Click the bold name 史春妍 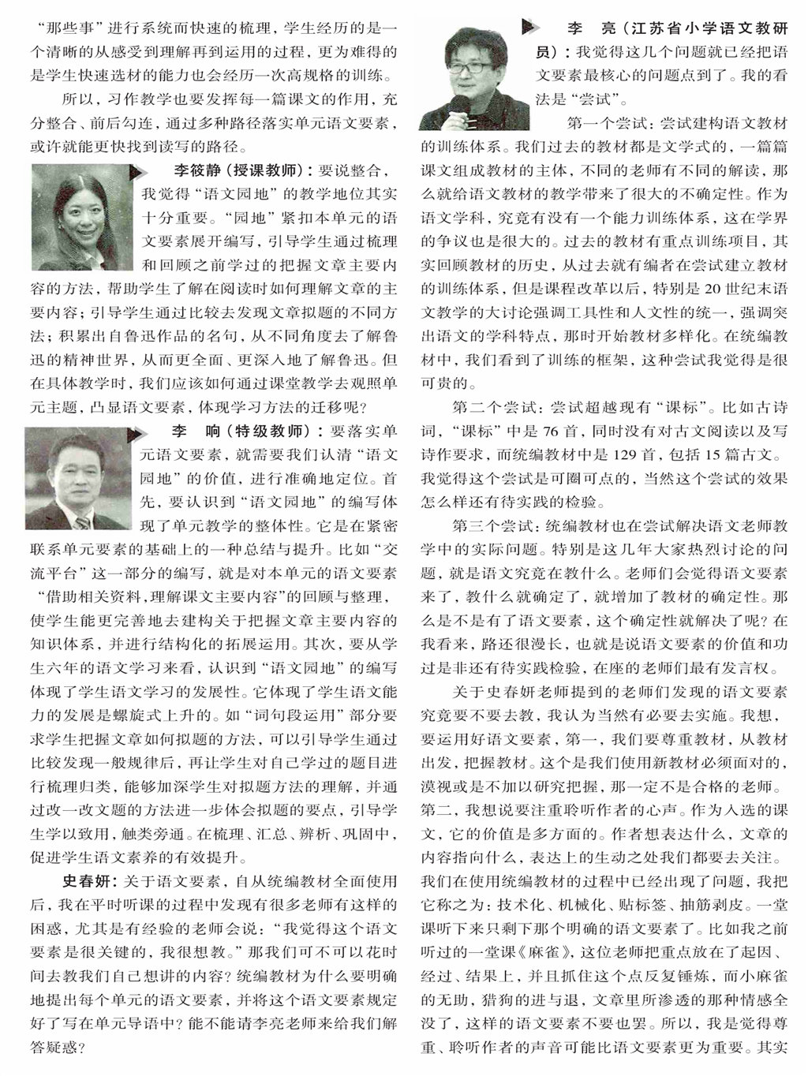90,880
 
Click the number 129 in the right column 623,455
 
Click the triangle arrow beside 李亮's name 527,28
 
